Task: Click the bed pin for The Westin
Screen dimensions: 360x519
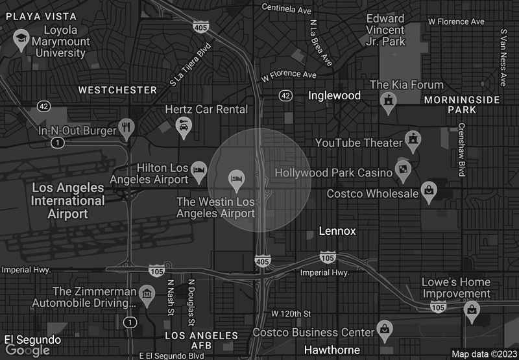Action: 236,178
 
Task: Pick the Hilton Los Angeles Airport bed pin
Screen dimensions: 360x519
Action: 199,171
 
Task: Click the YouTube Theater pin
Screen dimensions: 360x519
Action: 411,139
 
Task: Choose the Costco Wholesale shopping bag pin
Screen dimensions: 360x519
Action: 428,191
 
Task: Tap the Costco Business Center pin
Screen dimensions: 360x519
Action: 385,329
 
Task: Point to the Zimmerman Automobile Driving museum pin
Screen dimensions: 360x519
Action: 147,295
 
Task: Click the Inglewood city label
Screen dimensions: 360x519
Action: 334,95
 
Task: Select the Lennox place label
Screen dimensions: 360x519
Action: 337,231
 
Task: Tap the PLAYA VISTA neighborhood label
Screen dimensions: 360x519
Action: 40,16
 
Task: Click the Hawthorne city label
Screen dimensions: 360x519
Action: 332,350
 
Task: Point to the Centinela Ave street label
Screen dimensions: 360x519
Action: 286,8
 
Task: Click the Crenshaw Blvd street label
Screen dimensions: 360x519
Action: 462,150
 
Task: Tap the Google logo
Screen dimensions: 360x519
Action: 27,350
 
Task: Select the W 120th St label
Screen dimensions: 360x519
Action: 291,314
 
